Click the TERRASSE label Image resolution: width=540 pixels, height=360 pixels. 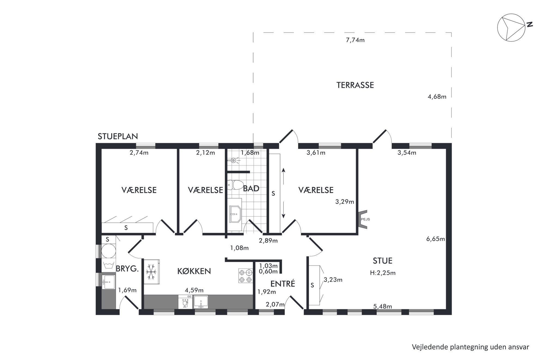pos(355,85)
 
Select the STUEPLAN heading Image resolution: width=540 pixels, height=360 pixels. pos(118,136)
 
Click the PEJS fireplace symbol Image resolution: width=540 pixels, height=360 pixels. pos(363,219)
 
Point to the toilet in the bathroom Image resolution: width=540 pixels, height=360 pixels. pos(235,185)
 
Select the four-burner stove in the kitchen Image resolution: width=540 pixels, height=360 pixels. pos(245,276)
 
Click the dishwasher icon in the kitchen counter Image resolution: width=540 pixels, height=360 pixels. pos(185,302)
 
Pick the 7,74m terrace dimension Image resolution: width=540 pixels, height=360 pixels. pos(355,40)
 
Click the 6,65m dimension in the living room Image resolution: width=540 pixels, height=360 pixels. pos(435,239)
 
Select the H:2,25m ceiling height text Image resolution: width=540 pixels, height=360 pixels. pos(383,273)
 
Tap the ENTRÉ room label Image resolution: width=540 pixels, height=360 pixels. pos(283,284)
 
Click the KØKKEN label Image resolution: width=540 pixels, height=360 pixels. pos(194,271)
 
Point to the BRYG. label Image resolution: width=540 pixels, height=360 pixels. pos(127,269)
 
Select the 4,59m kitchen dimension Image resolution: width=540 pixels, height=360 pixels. pos(194,290)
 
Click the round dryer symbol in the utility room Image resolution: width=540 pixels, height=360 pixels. pos(108,251)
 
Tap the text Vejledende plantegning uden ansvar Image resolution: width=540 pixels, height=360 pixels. pos(470,347)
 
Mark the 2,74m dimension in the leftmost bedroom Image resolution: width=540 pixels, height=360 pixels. pos(139,153)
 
